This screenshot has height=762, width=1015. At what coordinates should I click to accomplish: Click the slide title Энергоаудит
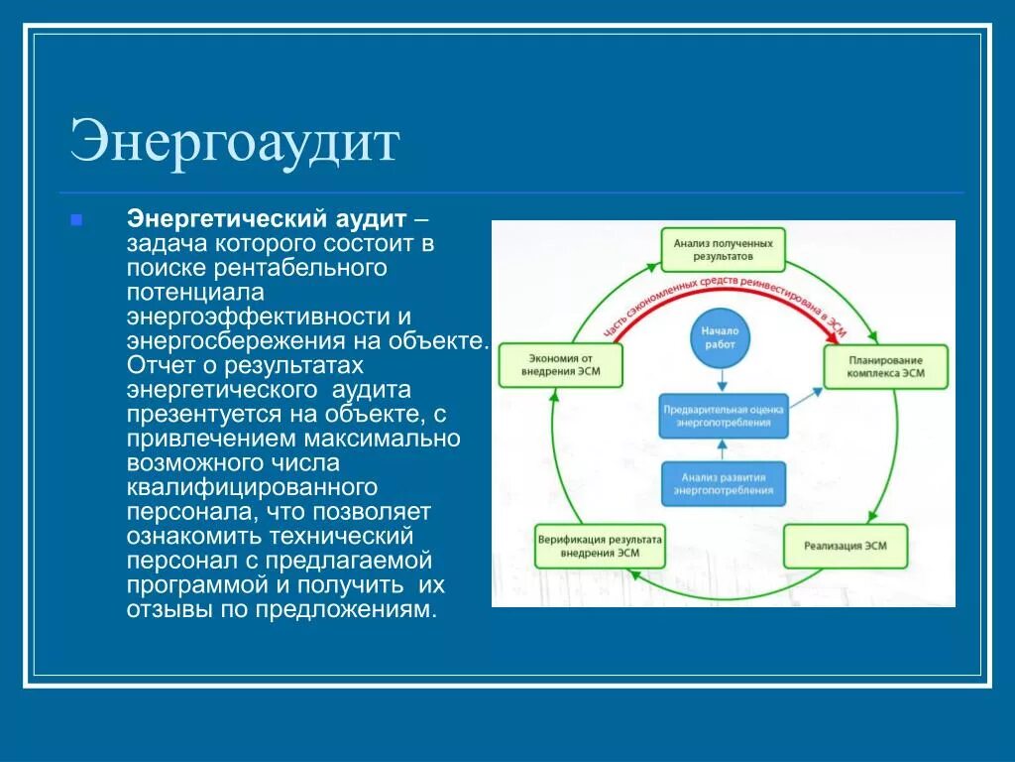point(234,142)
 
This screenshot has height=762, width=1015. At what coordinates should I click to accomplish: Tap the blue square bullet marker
point(76,218)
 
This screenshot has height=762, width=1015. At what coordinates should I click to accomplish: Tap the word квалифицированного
point(252,487)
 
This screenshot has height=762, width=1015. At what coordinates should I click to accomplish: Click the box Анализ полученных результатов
point(723,249)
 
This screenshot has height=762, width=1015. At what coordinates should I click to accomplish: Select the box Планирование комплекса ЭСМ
point(885,366)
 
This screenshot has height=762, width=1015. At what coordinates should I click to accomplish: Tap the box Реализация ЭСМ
point(846,547)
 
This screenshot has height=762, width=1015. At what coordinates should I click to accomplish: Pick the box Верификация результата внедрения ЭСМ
point(600,546)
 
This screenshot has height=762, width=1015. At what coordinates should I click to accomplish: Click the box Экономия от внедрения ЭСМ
point(562,366)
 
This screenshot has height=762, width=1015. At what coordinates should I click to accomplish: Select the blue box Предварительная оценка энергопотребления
point(724,416)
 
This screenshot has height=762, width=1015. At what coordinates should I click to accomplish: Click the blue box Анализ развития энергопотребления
point(724,483)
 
